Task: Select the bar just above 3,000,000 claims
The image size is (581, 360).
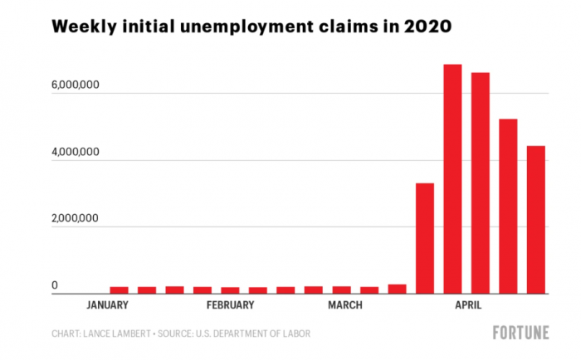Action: point(425,238)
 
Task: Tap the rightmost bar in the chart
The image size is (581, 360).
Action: point(536,220)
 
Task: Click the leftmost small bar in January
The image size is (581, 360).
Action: point(119,289)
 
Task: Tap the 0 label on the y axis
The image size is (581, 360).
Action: point(56,286)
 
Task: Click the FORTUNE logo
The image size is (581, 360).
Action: point(520,333)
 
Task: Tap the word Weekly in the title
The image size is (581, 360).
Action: point(82,27)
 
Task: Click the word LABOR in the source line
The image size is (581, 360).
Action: point(295,333)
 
